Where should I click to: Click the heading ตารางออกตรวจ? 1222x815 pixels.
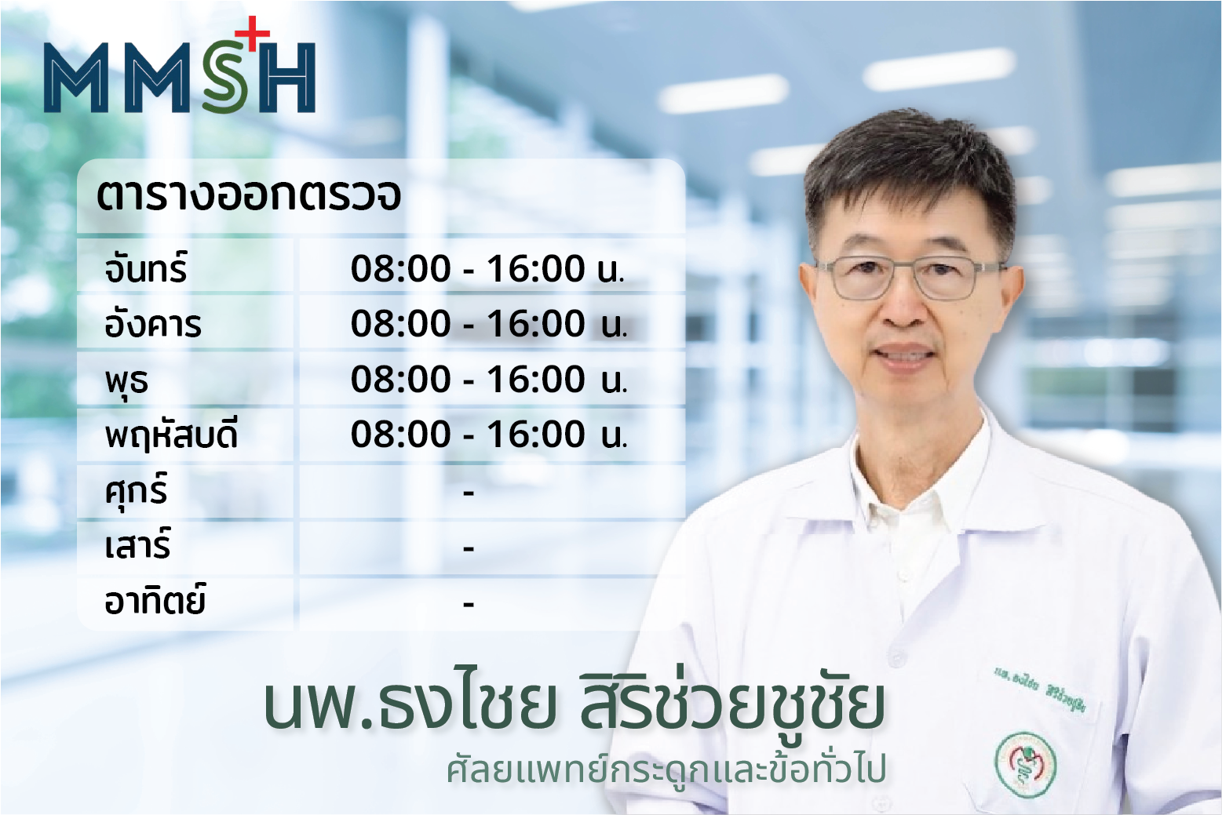(x=249, y=195)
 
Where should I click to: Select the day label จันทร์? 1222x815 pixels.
(x=146, y=267)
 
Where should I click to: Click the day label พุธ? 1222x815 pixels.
(x=126, y=381)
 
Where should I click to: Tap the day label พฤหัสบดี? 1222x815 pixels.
(x=171, y=435)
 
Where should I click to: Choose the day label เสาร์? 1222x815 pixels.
(x=137, y=544)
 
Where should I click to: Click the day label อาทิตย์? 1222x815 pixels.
(x=155, y=599)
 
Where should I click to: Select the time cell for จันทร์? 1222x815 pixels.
(x=487, y=269)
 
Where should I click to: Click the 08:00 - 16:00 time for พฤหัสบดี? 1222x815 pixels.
(x=489, y=435)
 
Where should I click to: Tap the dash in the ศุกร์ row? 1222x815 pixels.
(x=468, y=493)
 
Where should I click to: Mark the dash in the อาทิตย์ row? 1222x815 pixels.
(x=468, y=604)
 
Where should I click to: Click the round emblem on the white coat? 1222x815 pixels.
(x=1026, y=766)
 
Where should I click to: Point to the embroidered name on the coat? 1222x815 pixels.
(x=1040, y=690)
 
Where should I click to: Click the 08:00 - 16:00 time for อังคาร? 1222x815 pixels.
(x=489, y=324)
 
